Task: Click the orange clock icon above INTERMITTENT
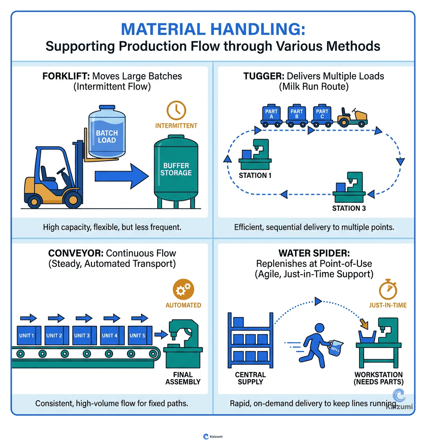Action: [x=176, y=109]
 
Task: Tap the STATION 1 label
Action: [x=255, y=175]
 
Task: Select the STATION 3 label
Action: [x=349, y=208]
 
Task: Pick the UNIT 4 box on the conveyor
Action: [x=110, y=335]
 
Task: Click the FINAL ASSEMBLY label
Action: [x=183, y=378]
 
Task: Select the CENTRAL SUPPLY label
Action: [x=250, y=378]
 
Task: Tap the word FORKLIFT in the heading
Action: [x=66, y=77]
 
